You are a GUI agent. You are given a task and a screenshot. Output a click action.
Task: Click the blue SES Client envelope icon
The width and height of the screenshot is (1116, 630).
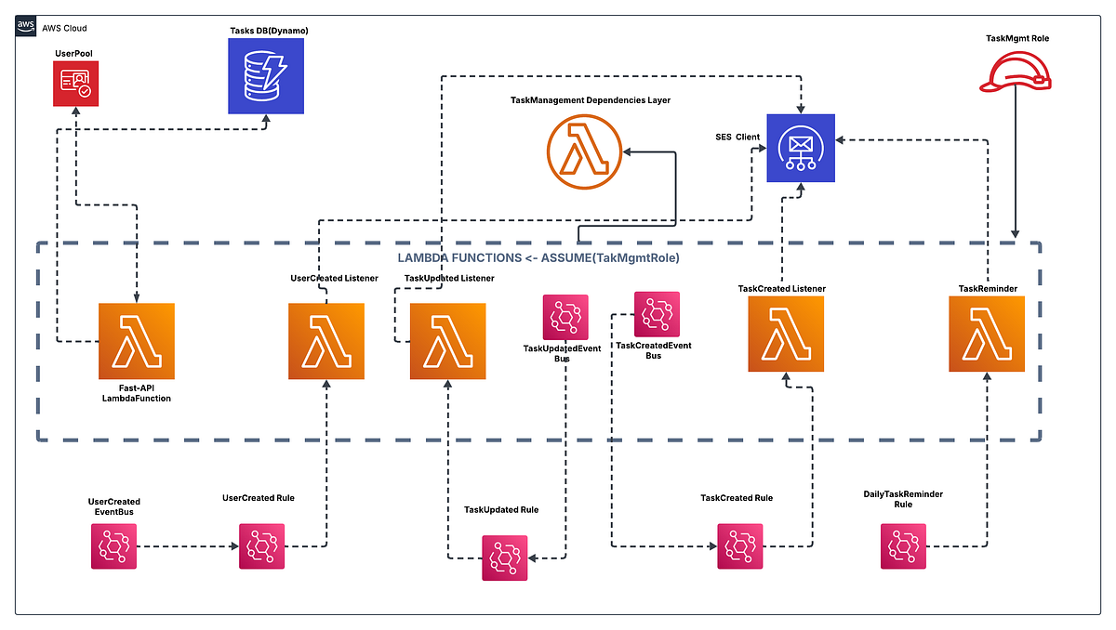coord(800,148)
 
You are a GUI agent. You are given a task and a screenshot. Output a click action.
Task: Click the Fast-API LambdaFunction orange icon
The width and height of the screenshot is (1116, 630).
coord(137,341)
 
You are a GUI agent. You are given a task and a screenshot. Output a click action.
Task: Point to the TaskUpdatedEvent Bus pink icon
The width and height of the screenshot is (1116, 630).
coord(565,317)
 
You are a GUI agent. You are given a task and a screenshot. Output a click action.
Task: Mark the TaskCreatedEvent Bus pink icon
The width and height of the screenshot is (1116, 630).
coord(657,314)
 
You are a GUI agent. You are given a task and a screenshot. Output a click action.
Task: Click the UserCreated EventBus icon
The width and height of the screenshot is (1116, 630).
coord(113,546)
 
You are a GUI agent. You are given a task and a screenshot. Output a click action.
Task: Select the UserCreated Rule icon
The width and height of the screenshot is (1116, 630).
coord(261,546)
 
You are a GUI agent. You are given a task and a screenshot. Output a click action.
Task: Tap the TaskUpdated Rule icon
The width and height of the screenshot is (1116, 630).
coord(504,558)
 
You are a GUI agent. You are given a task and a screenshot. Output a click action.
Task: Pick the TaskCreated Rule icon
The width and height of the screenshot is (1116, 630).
coord(740,546)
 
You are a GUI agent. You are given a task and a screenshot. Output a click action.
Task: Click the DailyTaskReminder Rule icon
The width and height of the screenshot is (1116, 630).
coord(903,546)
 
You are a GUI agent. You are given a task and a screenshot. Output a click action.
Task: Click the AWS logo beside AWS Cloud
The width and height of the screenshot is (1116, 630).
coord(28,28)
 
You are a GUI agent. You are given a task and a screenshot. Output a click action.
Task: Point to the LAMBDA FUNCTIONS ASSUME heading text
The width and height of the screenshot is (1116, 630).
coord(539,257)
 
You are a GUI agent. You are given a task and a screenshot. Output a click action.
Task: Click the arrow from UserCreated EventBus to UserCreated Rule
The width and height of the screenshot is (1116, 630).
coord(186,546)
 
